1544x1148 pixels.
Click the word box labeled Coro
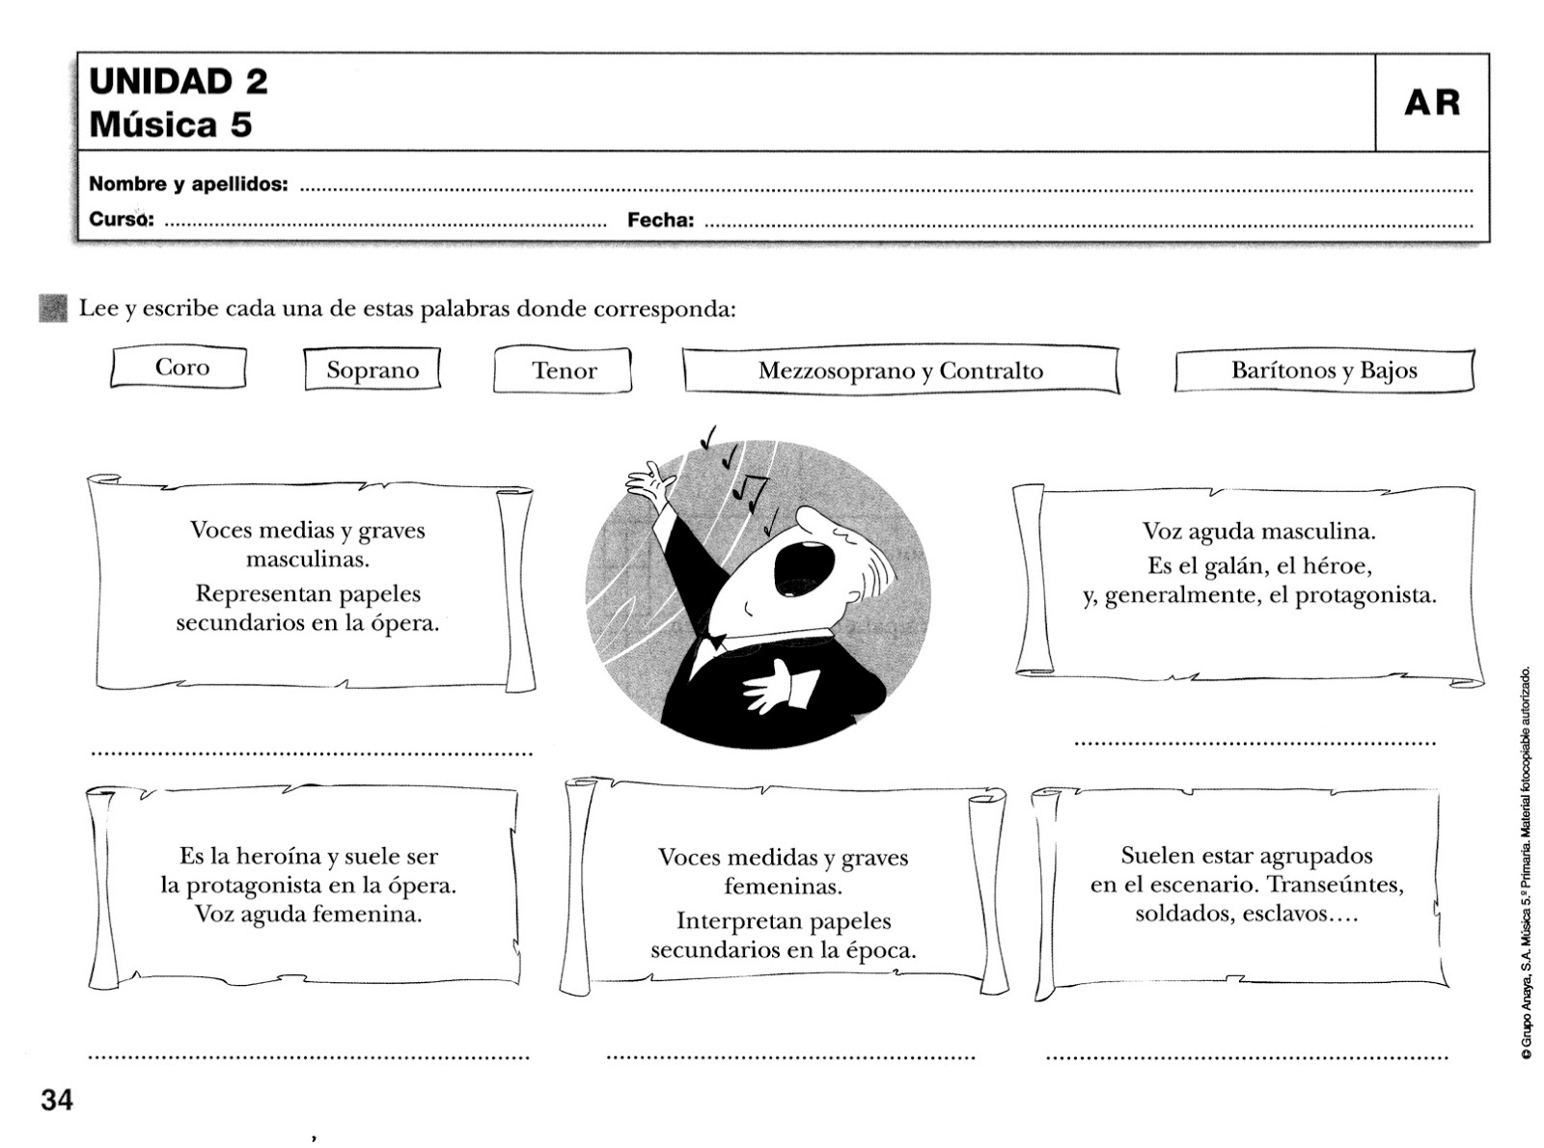pos(179,368)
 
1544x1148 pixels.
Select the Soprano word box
pos(372,370)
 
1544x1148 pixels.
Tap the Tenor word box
pos(564,371)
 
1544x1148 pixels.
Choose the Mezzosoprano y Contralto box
pos(900,371)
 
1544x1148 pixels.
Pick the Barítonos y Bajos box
pos(1324,370)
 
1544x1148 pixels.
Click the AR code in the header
pos(1432,102)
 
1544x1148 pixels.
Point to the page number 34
pos(57,1100)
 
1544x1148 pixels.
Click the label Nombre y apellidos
pos(188,184)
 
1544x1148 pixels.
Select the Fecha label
pos(660,221)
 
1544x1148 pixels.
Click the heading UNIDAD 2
pos(179,81)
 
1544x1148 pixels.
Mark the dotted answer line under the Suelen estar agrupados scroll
pos(1247,1057)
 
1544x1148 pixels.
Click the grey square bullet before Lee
pos(53,309)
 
